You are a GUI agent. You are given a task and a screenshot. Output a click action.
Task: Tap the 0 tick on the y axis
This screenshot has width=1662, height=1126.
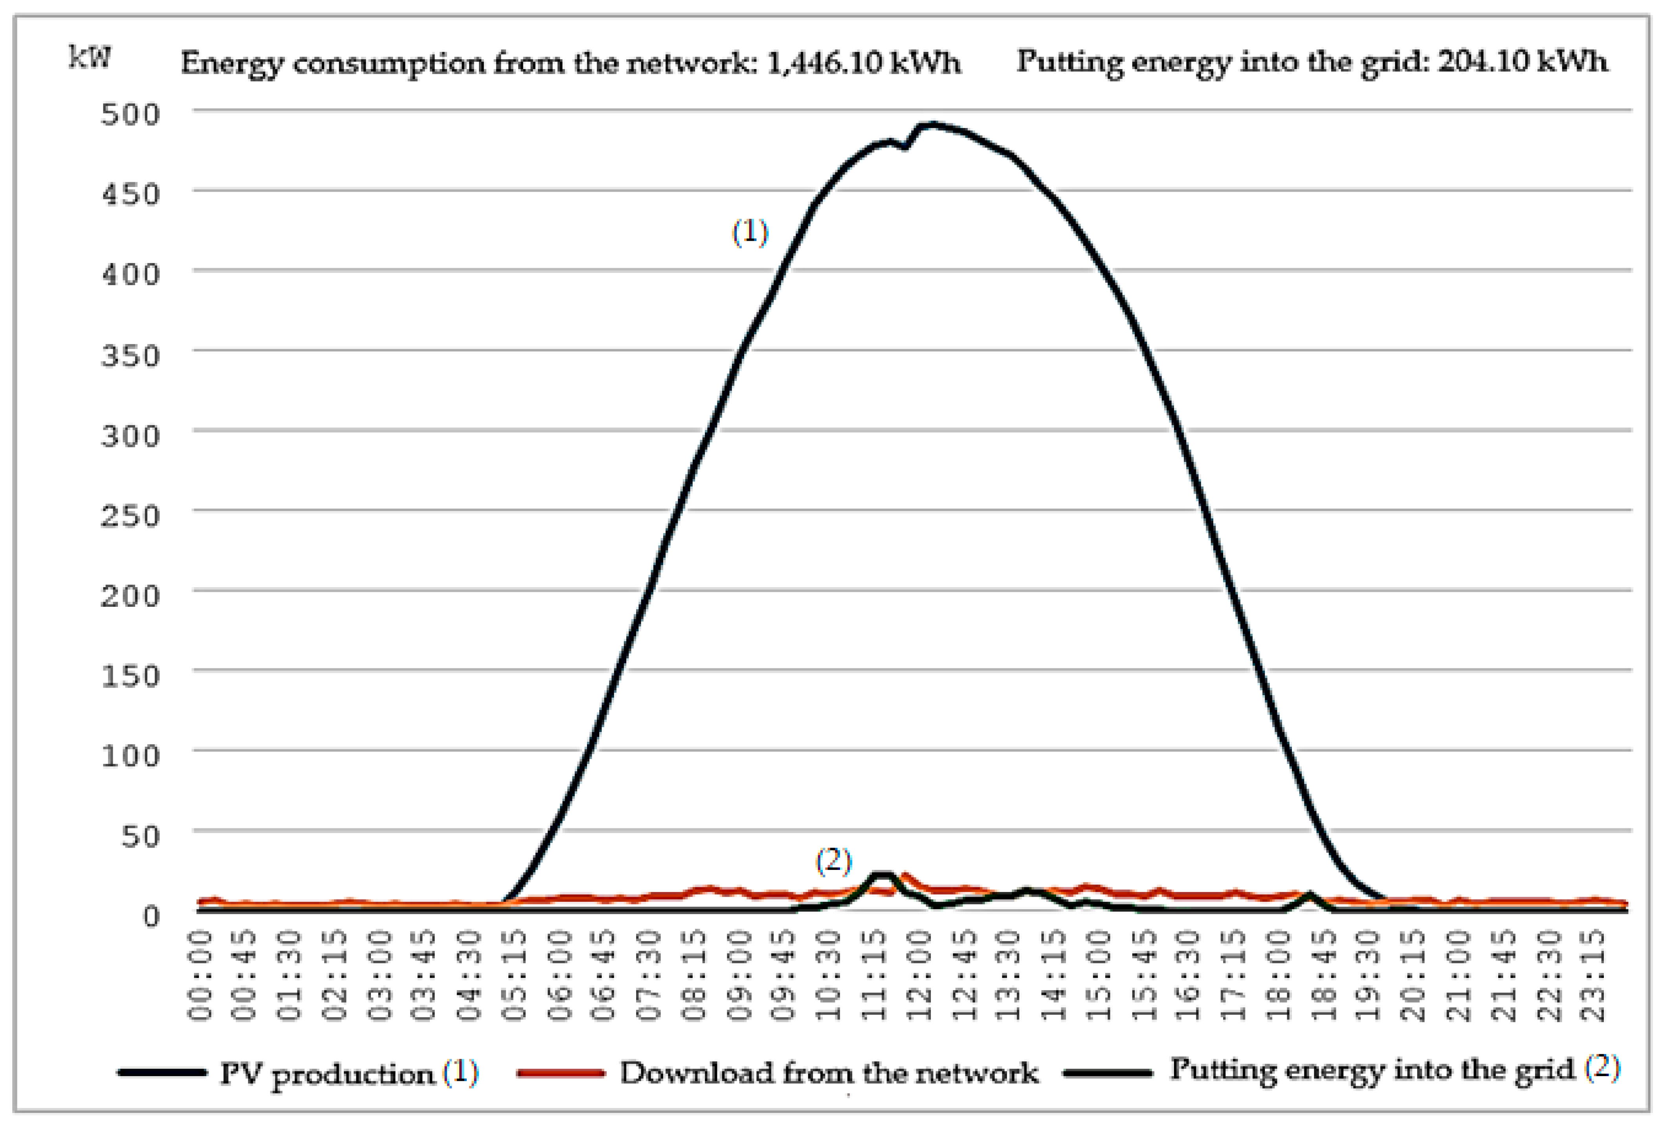[x=150, y=916]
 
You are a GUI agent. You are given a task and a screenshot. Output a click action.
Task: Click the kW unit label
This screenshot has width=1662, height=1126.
[x=90, y=57]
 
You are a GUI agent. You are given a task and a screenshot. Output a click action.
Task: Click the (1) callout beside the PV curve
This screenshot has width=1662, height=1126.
[x=750, y=233]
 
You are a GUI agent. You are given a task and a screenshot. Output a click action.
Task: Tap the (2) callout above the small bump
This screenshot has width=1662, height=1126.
[x=834, y=861]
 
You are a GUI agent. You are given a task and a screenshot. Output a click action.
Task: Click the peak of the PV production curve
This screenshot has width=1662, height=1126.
[x=930, y=125]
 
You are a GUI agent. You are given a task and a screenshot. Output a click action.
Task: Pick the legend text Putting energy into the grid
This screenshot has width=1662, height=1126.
[x=1372, y=1070]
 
